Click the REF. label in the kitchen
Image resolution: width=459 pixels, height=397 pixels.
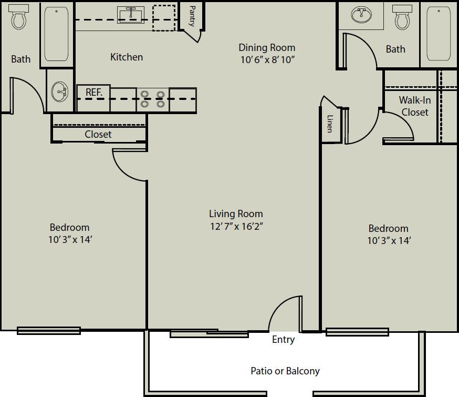pyautogui.click(x=93, y=93)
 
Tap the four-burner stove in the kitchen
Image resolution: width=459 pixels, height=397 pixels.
pyautogui.click(x=152, y=99)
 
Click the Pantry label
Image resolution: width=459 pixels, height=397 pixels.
pyautogui.click(x=192, y=16)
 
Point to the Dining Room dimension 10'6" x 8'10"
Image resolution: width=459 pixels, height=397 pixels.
pyautogui.click(x=267, y=59)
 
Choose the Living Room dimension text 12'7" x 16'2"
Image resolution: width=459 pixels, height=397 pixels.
pyautogui.click(x=236, y=227)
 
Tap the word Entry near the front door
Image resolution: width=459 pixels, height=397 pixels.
pyautogui.click(x=283, y=340)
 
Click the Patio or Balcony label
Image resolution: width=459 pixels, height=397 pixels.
pyautogui.click(x=285, y=371)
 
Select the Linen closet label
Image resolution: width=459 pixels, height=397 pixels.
pyautogui.click(x=330, y=124)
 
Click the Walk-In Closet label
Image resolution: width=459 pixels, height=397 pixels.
pyautogui.click(x=414, y=106)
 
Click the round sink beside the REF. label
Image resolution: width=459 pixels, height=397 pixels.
pyautogui.click(x=59, y=92)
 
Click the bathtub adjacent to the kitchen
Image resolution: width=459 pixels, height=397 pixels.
pyautogui.click(x=56, y=34)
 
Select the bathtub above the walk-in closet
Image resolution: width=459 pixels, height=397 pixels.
pyautogui.click(x=439, y=34)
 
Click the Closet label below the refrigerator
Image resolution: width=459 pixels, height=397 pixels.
pyautogui.click(x=98, y=134)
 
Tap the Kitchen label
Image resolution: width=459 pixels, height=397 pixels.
pyautogui.click(x=127, y=57)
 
